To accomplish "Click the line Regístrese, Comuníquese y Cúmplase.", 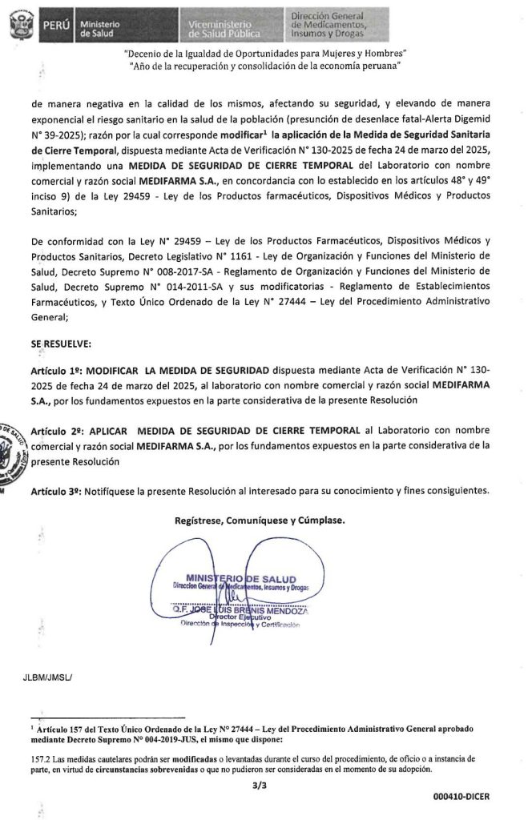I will [260, 521].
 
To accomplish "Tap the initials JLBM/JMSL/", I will [48, 677].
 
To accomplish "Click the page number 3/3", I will [257, 787].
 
